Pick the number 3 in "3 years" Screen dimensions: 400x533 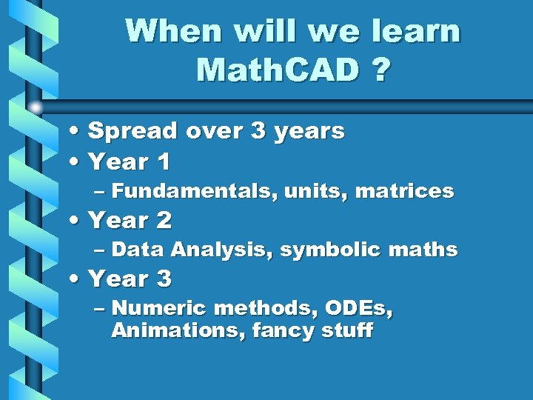click(x=258, y=131)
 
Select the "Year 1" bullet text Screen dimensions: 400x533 click(x=130, y=161)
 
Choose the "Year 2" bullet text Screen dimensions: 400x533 click(x=130, y=220)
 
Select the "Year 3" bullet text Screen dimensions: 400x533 click(x=130, y=279)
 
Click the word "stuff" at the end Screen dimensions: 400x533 click(x=347, y=330)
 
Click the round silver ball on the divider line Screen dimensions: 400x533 click(x=36, y=107)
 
